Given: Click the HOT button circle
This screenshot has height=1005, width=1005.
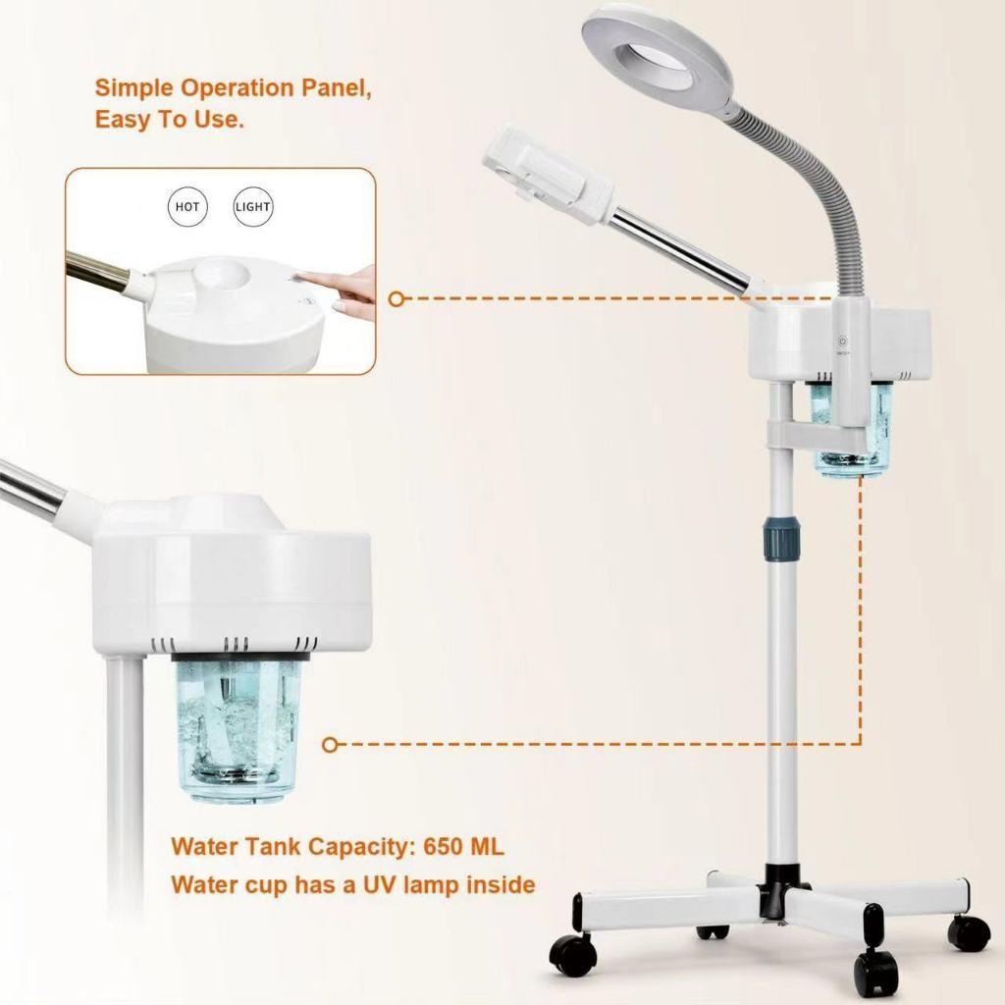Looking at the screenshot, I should point(187,207).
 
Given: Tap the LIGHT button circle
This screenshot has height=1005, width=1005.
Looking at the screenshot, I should point(253,207).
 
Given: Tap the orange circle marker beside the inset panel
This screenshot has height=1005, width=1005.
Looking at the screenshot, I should point(397,298).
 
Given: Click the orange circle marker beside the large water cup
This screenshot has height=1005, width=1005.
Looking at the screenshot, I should point(331,745).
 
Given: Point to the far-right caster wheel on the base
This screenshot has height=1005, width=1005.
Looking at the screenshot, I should point(969,931).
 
